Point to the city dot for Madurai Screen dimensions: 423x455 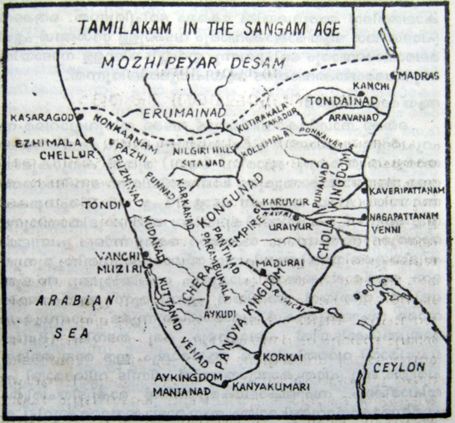click(263, 272)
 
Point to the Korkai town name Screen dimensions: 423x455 click(279, 357)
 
